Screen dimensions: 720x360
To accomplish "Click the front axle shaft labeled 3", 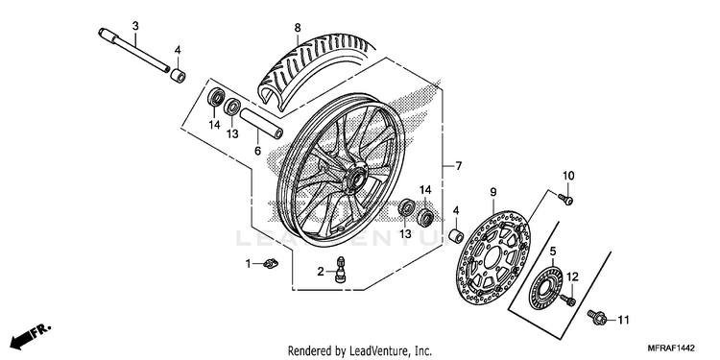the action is (x=134, y=51).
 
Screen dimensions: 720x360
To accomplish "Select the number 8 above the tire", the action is (x=298, y=28).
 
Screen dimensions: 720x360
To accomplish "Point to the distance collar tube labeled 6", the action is (x=260, y=123).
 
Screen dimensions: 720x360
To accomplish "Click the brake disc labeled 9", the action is (x=493, y=257).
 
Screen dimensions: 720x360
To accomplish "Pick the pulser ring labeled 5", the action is (x=546, y=289).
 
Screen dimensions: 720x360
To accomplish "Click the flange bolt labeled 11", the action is (x=597, y=317).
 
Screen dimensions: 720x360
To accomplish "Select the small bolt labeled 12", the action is (x=568, y=300).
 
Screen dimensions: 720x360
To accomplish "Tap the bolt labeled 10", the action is (x=565, y=199).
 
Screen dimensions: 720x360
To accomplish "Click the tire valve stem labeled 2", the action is (x=340, y=270).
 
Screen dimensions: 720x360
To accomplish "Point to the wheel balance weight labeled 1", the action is (x=272, y=264).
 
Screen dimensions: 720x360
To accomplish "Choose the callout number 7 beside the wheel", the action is (x=458, y=166).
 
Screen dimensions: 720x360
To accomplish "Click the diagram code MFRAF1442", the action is (x=671, y=348).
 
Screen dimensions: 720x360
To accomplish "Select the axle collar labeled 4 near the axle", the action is (x=179, y=75).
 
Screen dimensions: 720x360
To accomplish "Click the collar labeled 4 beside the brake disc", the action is (x=455, y=236).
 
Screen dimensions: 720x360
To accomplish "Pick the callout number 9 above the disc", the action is (x=493, y=192).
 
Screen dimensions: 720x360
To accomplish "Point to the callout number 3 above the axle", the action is (x=135, y=26).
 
